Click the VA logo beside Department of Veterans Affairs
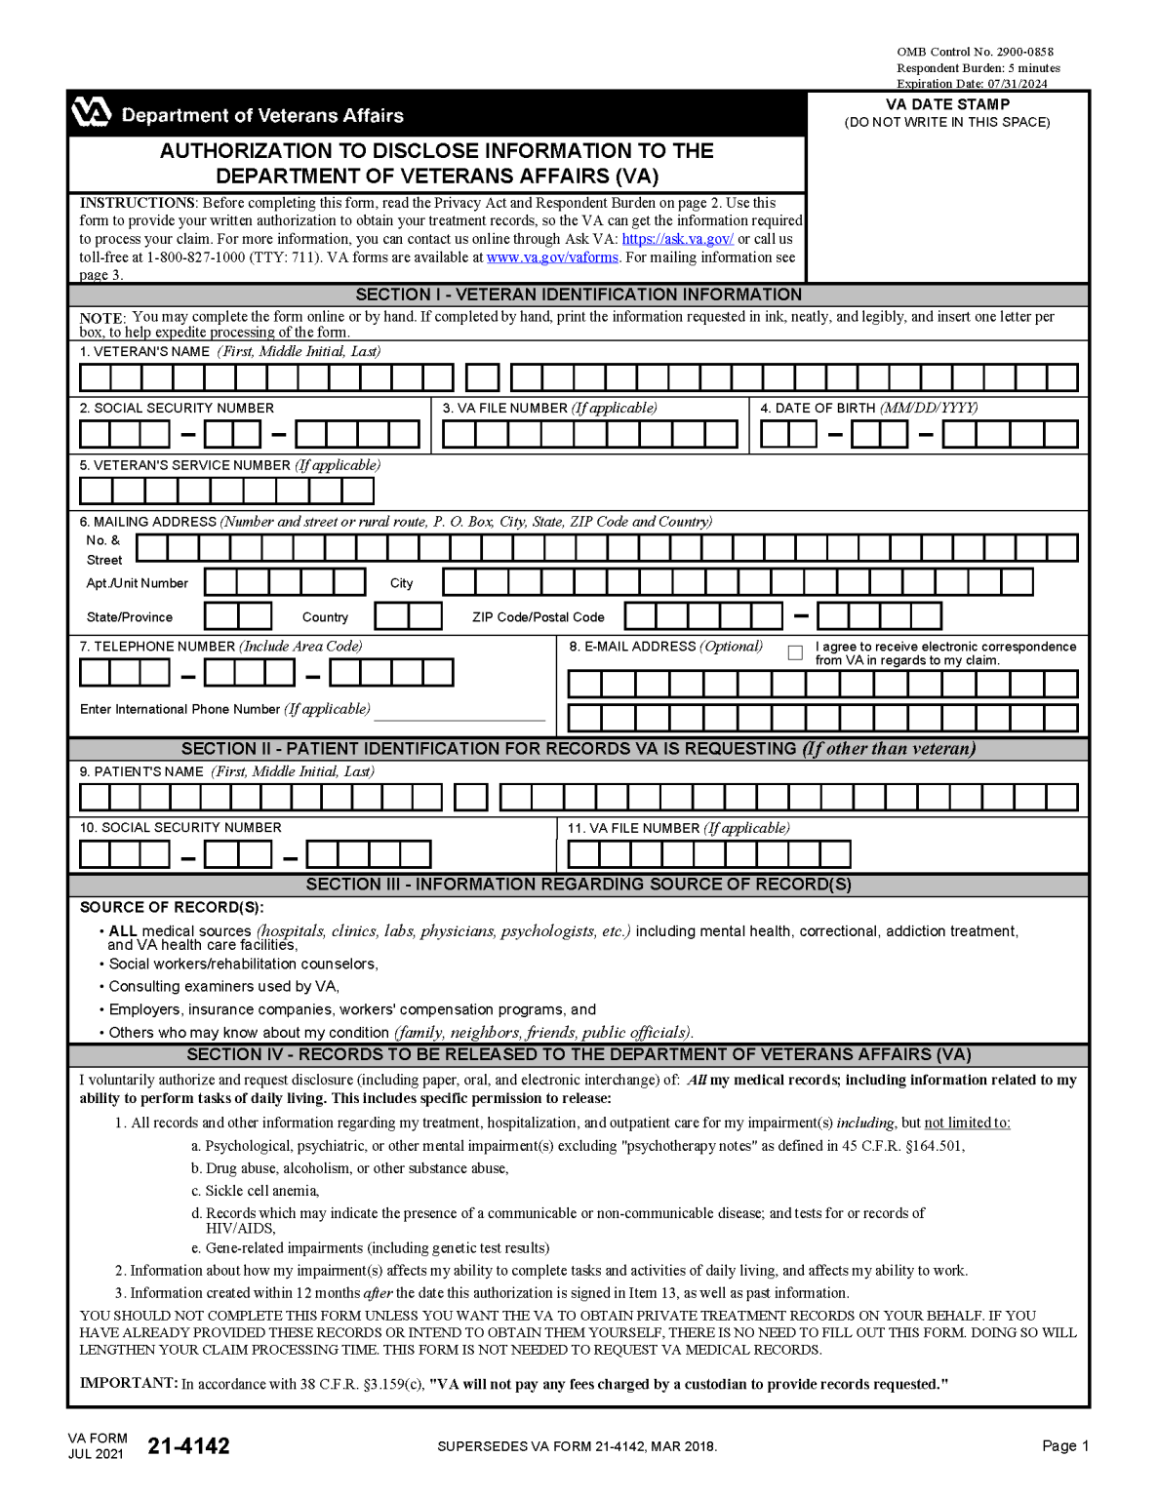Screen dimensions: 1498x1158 [x=91, y=113]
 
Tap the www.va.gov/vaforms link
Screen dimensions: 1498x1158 [x=552, y=257]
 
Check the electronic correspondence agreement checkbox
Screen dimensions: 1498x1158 [x=795, y=652]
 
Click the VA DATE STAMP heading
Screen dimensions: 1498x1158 [x=947, y=104]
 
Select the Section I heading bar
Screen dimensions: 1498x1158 [x=579, y=295]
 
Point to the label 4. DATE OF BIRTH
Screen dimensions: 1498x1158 [x=868, y=408]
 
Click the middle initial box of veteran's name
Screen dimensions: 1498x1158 [x=482, y=377]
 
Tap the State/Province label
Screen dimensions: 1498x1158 [x=130, y=617]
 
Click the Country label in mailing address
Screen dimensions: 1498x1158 [x=325, y=617]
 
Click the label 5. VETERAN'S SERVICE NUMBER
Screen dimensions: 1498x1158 [x=229, y=465]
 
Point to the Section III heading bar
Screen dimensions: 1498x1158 [x=579, y=885]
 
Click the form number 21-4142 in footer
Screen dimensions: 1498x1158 [x=188, y=1446]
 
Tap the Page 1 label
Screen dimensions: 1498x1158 [x=1065, y=1446]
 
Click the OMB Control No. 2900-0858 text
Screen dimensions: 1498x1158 [x=975, y=52]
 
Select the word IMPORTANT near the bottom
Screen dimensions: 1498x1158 [x=128, y=1384]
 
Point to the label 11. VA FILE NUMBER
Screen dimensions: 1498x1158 [x=678, y=828]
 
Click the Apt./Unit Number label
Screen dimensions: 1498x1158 [x=138, y=583]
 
